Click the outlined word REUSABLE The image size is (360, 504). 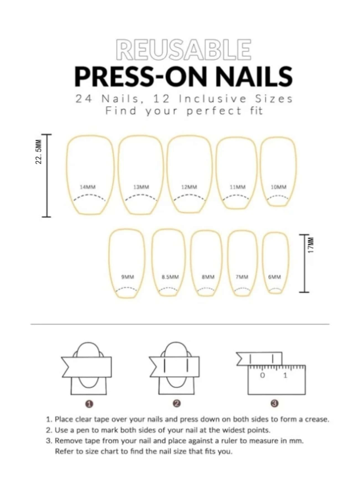click(x=183, y=50)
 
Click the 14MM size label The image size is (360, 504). click(x=88, y=187)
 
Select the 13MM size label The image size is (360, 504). click(x=141, y=187)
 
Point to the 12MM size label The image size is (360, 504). click(x=189, y=187)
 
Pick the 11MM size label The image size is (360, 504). click(x=238, y=187)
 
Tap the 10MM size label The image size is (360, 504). click(x=278, y=187)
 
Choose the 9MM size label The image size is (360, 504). click(x=127, y=277)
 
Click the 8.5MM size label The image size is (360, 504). click(x=170, y=277)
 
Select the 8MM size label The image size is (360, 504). click(x=208, y=277)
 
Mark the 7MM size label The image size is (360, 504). click(x=242, y=277)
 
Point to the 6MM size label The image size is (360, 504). click(x=274, y=277)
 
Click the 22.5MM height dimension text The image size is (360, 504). click(x=38, y=152)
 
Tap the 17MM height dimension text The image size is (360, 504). click(x=310, y=245)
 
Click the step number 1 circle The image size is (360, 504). click(x=90, y=404)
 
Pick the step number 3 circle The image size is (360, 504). click(x=274, y=404)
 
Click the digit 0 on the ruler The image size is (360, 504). click(x=263, y=375)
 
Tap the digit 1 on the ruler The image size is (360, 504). click(x=285, y=375)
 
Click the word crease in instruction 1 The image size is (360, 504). click(x=317, y=419)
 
